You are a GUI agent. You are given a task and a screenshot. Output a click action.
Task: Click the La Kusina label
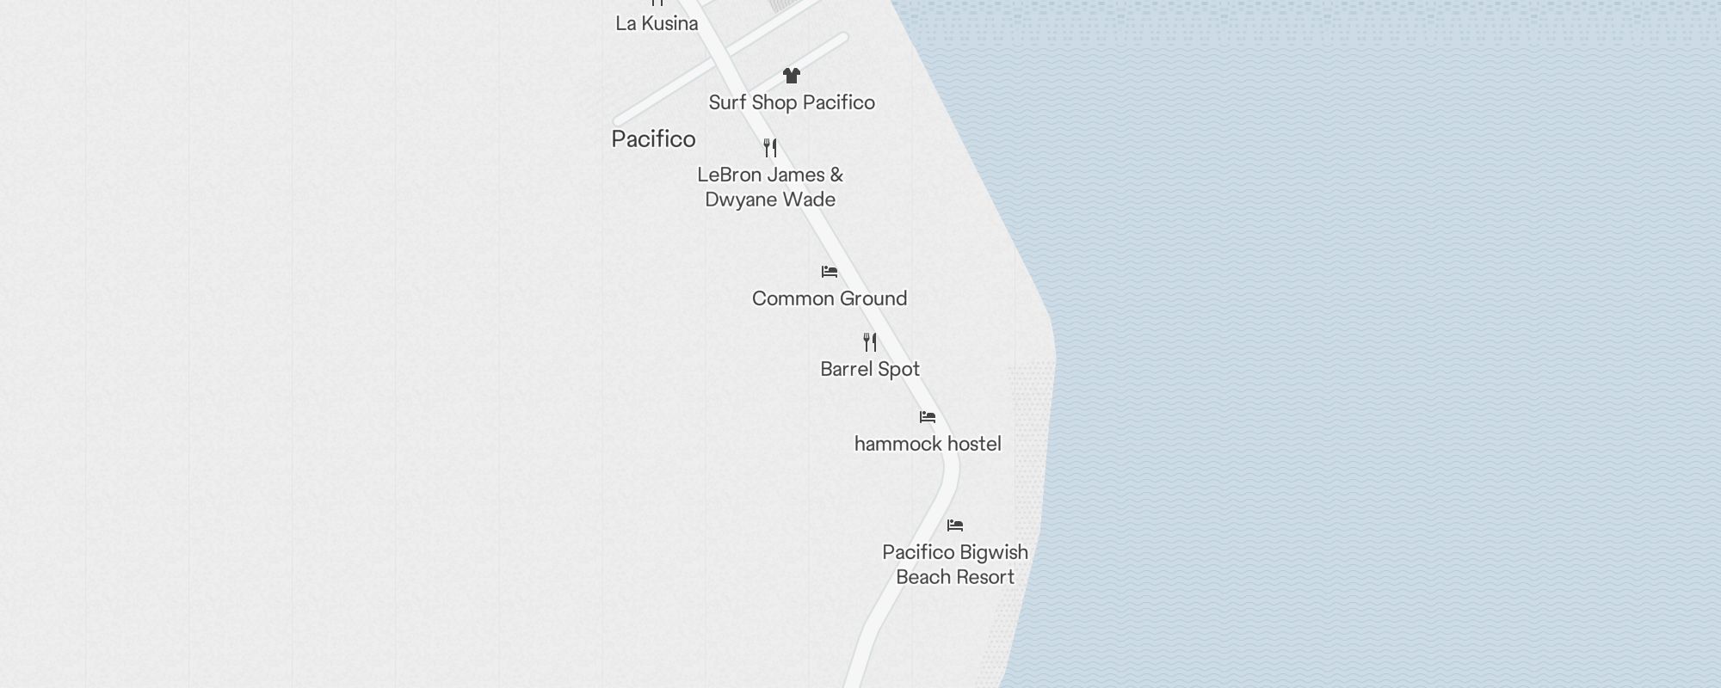click(657, 24)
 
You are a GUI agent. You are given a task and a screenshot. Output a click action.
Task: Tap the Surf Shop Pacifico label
click(792, 102)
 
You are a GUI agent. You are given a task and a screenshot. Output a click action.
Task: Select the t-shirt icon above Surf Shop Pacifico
click(792, 76)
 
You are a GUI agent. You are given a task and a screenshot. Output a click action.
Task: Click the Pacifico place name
click(653, 139)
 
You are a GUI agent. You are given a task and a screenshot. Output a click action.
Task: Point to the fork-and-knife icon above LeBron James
click(770, 148)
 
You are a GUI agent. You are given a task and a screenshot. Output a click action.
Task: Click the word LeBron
click(730, 175)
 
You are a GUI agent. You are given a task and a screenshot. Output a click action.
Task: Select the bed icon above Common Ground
click(830, 272)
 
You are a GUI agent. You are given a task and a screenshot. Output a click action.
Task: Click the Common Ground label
click(830, 299)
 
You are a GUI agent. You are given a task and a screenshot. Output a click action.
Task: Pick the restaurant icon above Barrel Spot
click(870, 342)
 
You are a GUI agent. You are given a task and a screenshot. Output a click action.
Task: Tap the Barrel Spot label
click(870, 370)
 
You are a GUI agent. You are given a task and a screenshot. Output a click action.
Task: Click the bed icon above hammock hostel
click(928, 417)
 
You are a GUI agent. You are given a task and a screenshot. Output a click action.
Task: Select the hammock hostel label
click(928, 445)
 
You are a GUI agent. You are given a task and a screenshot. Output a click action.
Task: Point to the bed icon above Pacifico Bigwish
click(955, 525)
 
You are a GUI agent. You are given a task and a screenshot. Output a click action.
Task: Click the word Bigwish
click(993, 552)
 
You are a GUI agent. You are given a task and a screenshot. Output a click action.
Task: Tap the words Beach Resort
click(955, 577)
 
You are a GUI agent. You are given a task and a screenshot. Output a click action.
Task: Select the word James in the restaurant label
click(797, 175)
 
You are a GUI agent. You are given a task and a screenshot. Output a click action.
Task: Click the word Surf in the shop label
click(727, 102)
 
